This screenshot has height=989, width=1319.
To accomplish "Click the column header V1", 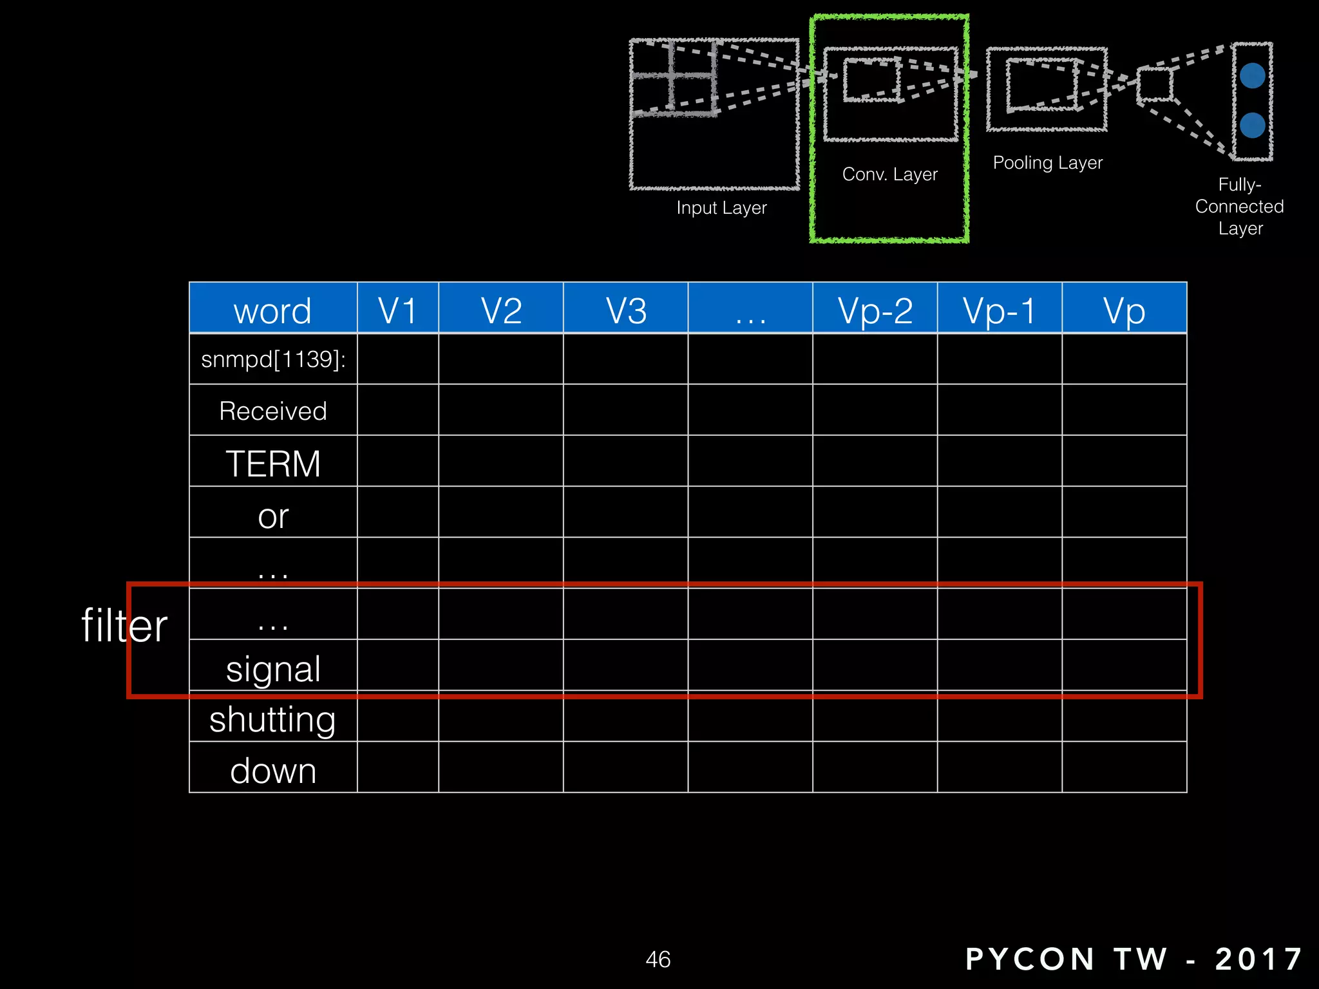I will [397, 310].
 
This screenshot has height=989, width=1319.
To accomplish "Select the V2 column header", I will [501, 310].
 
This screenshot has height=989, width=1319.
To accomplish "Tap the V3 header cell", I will [626, 310].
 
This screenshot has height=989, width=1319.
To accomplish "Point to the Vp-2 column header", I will [875, 310].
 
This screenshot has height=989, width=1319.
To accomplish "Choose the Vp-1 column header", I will [1000, 310].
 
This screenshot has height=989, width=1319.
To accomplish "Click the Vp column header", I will [1124, 310].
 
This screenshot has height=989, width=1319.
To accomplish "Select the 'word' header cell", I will [272, 310].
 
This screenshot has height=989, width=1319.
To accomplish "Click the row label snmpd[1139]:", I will [273, 359].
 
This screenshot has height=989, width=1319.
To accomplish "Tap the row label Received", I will [273, 411].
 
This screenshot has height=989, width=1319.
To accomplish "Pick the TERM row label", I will [273, 464].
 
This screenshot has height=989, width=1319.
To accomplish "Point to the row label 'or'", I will [273, 516].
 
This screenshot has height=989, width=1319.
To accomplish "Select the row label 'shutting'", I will [273, 719].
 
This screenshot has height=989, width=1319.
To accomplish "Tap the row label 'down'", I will [273, 771].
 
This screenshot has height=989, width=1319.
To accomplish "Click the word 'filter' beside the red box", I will [124, 625].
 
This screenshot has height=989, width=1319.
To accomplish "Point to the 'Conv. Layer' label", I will [889, 174].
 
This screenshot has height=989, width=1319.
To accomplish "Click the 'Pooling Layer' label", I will [1048, 163].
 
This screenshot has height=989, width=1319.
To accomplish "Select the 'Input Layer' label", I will [721, 208].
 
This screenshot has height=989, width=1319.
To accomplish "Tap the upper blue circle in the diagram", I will [1252, 76].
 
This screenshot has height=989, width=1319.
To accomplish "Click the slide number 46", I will [658, 959].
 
